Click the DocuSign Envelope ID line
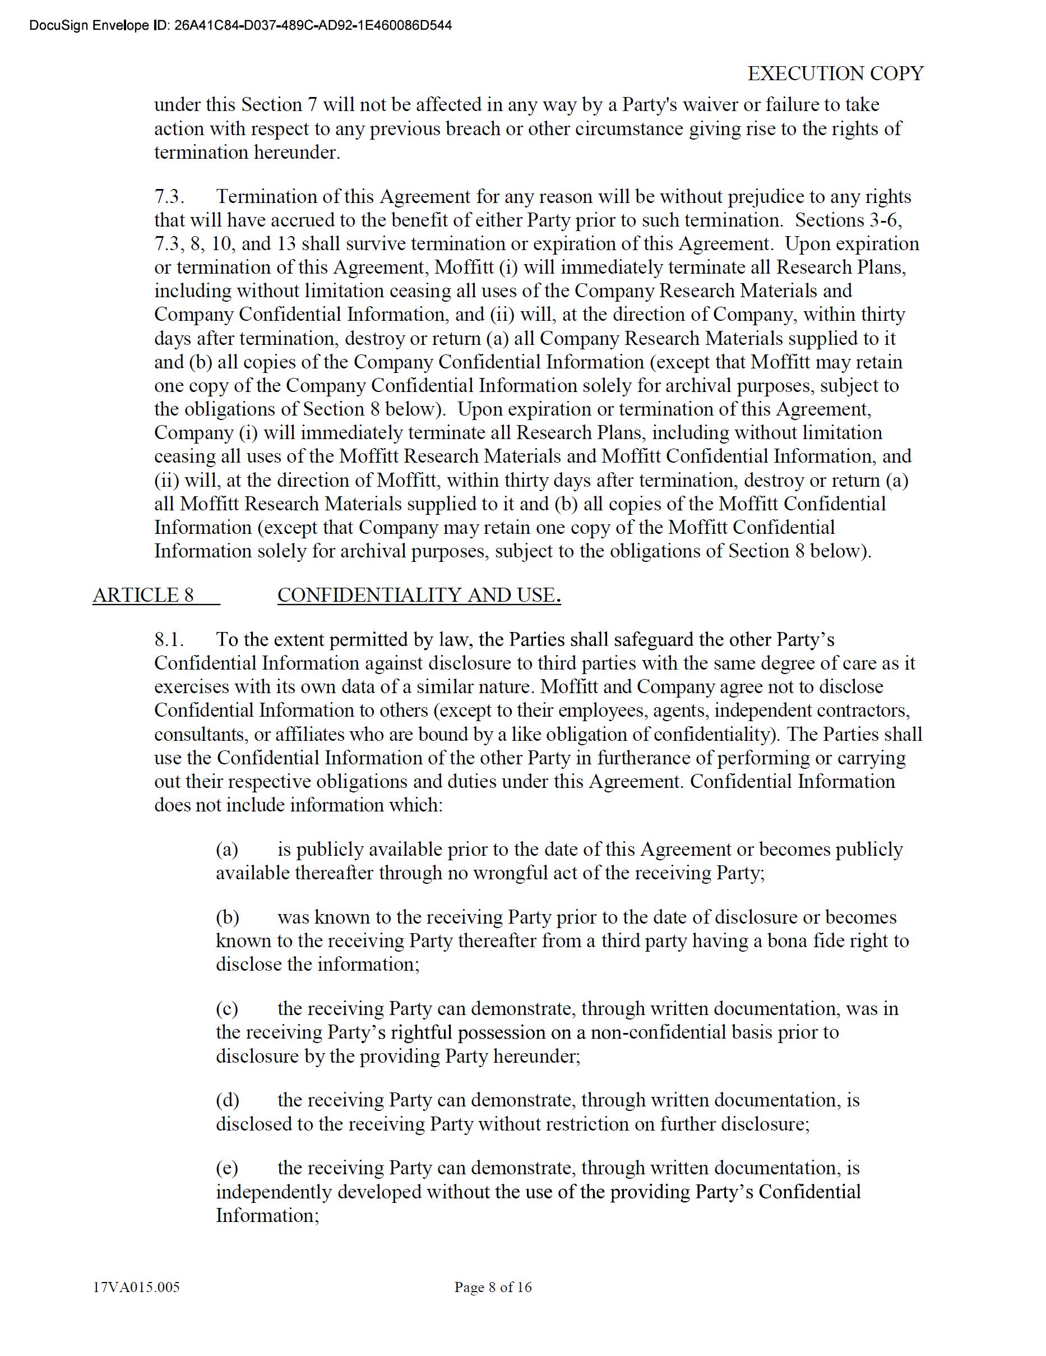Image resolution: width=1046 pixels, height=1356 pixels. (x=240, y=25)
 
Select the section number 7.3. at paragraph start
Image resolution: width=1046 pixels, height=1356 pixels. (x=169, y=197)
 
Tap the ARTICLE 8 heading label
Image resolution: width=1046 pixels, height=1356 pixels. (x=144, y=595)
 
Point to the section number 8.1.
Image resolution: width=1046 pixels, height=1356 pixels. (x=169, y=639)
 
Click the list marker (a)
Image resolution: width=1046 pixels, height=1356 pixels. (x=227, y=850)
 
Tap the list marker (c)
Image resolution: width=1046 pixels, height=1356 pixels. (x=227, y=1008)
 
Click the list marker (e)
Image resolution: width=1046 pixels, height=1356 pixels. (x=227, y=1168)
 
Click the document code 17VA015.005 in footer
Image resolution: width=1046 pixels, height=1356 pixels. (x=136, y=1287)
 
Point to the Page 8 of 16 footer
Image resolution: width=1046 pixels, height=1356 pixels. (x=493, y=1287)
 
